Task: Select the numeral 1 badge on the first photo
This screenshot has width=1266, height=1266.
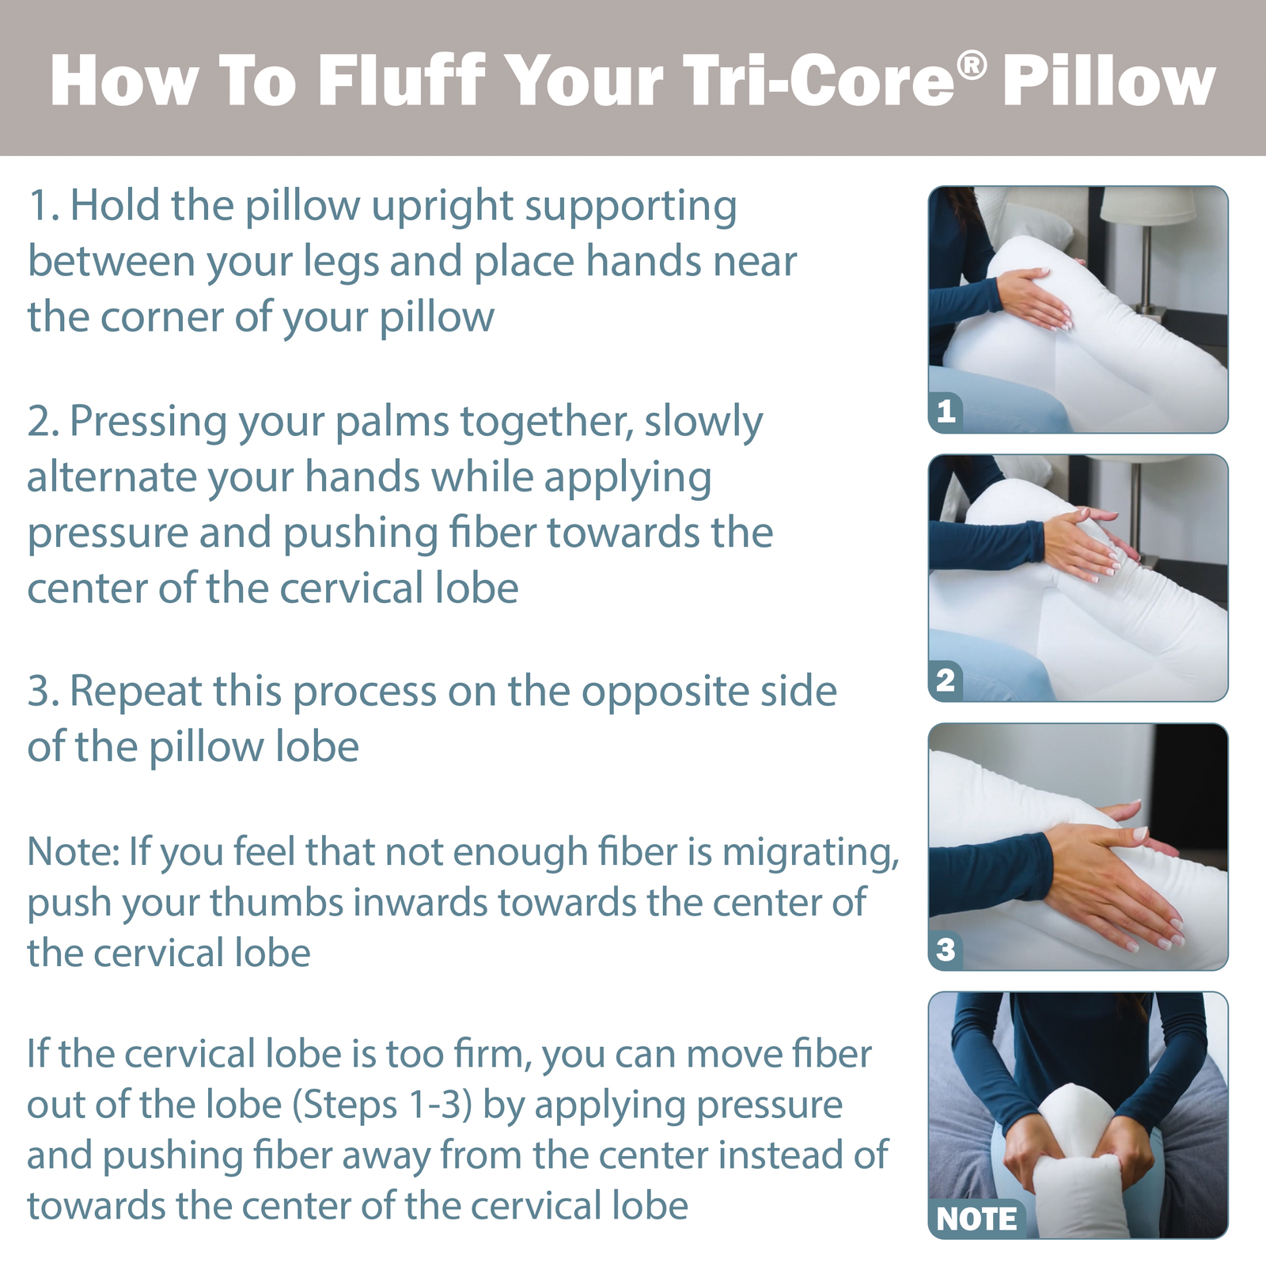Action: click(946, 411)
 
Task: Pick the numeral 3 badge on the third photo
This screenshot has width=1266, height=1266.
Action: click(946, 949)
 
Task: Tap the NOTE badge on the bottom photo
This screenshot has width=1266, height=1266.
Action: click(976, 1219)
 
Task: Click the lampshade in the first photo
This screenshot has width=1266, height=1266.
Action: click(1148, 205)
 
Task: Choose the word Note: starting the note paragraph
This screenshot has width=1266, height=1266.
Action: click(73, 852)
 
